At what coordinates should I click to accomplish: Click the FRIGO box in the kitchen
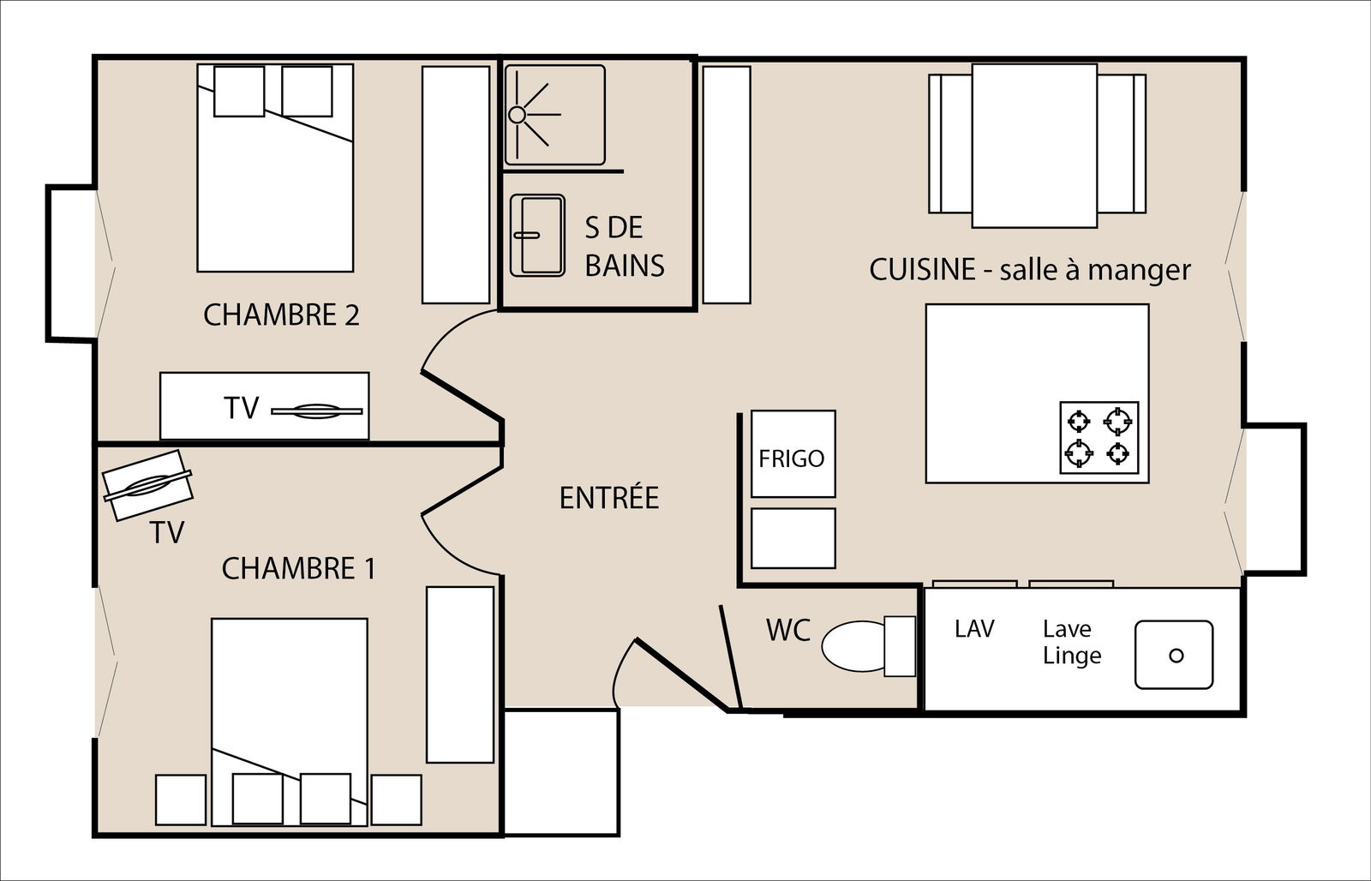pyautogui.click(x=793, y=454)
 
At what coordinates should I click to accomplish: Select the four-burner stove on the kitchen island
pyautogui.click(x=1099, y=436)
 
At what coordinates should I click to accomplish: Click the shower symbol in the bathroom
pyautogui.click(x=554, y=114)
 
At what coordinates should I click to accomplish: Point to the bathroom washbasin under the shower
pyautogui.click(x=537, y=235)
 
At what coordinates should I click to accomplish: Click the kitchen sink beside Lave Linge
pyautogui.click(x=1174, y=655)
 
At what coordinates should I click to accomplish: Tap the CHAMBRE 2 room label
pyautogui.click(x=281, y=315)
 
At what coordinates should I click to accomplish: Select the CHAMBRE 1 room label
pyautogui.click(x=298, y=568)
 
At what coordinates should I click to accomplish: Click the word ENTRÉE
pyautogui.click(x=608, y=498)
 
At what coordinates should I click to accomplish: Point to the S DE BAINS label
pyautogui.click(x=624, y=247)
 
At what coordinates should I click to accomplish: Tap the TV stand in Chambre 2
pyautogui.click(x=264, y=406)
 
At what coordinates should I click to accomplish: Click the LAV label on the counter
pyautogui.click(x=974, y=629)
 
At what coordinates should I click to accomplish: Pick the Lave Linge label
pyautogui.click(x=1070, y=642)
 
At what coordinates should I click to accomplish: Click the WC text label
pyautogui.click(x=787, y=630)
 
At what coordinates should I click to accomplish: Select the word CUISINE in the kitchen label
pyautogui.click(x=922, y=270)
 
